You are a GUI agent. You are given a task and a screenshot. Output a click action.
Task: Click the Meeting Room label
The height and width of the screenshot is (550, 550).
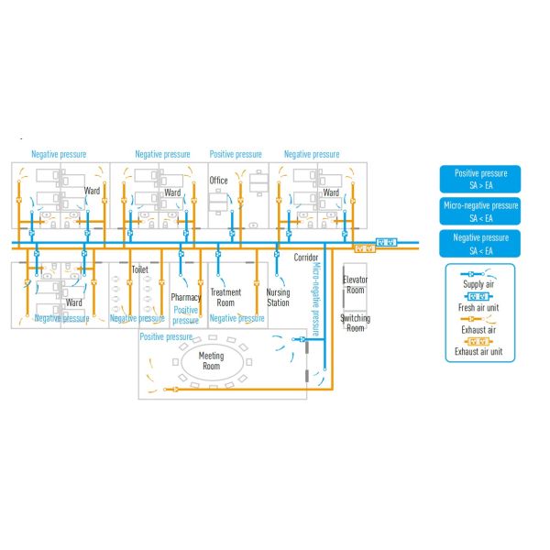click(212, 362)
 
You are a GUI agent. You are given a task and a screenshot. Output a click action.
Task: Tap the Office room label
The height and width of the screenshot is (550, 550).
click(218, 181)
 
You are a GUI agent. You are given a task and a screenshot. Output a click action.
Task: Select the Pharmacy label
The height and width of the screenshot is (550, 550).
click(185, 298)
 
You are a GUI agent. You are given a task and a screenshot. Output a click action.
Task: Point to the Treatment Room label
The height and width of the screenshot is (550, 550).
click(225, 298)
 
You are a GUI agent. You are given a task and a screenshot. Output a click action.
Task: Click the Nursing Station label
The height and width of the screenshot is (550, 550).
click(278, 298)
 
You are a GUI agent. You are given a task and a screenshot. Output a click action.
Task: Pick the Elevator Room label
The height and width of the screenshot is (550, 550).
click(355, 283)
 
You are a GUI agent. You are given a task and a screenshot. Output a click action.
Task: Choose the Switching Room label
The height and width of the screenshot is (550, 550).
click(355, 323)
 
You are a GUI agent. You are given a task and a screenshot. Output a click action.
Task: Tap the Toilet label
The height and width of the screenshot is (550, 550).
click(139, 270)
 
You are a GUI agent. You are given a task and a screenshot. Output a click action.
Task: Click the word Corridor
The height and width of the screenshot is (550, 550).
click(306, 258)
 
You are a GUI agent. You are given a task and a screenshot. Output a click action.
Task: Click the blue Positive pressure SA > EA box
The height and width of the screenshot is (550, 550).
click(480, 178)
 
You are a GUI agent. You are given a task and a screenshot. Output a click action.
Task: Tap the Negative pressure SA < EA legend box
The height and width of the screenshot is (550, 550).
click(480, 243)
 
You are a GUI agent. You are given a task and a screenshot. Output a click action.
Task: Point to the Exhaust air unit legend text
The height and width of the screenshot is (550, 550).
click(479, 351)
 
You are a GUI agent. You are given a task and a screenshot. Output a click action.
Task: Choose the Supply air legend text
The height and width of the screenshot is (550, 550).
click(479, 285)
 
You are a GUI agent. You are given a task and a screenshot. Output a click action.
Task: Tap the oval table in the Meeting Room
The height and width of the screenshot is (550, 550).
click(212, 365)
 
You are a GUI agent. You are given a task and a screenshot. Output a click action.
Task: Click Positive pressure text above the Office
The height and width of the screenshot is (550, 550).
click(236, 154)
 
